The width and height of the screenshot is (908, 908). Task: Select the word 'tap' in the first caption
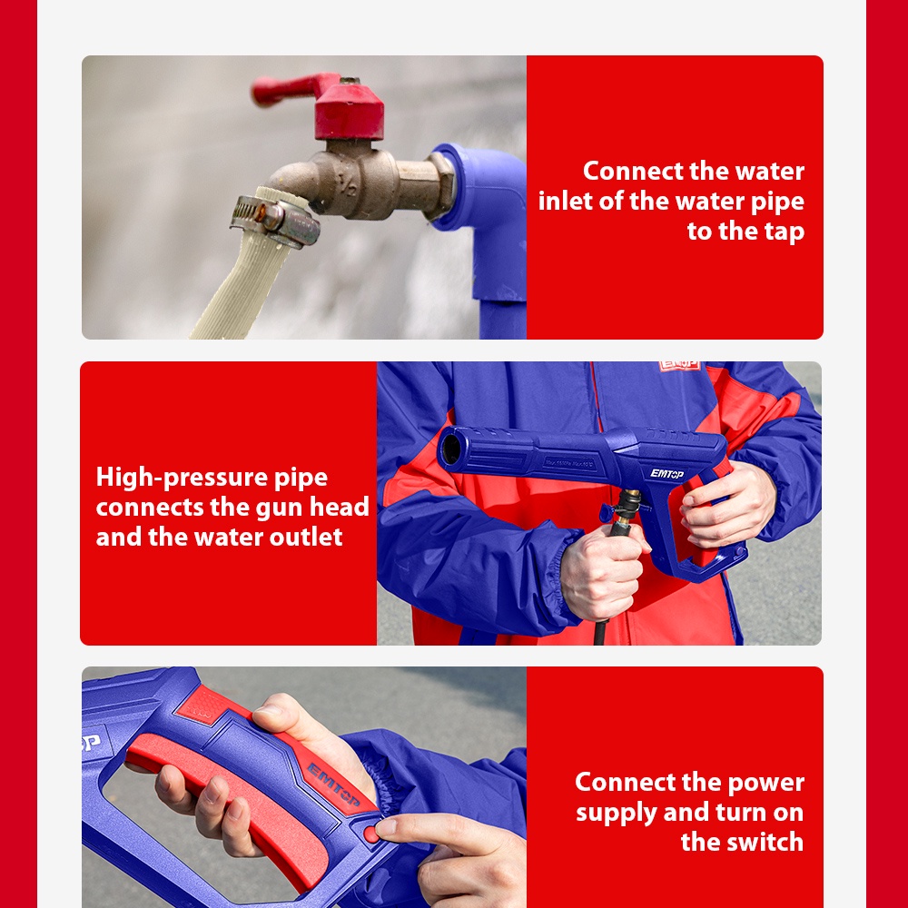point(785,232)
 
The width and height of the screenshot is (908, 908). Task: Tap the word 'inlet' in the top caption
point(565,201)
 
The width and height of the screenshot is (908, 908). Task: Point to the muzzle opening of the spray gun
point(450,449)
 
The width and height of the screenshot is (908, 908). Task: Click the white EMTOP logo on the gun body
point(666,474)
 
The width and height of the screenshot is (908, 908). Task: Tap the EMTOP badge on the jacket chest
point(678,366)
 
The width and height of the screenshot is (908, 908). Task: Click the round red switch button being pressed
point(371,834)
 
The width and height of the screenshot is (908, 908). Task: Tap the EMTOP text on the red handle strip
point(334,785)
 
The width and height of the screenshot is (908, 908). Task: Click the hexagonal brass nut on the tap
point(440,186)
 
